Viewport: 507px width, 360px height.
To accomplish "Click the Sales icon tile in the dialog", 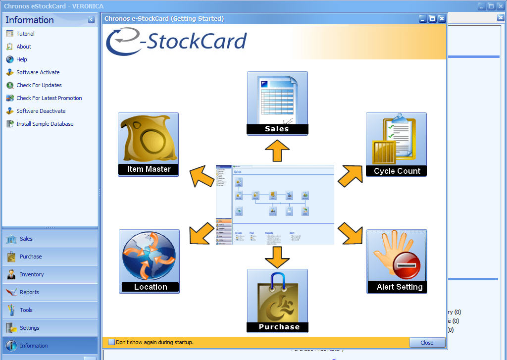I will pyautogui.click(x=277, y=103).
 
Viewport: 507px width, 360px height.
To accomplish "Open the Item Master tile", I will pyautogui.click(x=148, y=144).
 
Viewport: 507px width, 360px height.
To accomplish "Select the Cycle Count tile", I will pyautogui.click(x=396, y=144).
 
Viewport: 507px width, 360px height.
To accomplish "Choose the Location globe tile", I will pyautogui.click(x=149, y=261).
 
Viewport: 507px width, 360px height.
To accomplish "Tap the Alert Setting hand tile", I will pyautogui.click(x=397, y=261).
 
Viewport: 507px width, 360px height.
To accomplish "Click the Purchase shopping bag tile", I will pyautogui.click(x=277, y=301).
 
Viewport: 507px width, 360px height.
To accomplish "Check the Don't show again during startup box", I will pyautogui.click(x=111, y=342).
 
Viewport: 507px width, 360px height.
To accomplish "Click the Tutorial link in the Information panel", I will pyautogui.click(x=25, y=34).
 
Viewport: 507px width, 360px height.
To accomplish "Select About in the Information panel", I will pyautogui.click(x=24, y=47).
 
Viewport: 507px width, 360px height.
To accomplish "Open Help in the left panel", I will pyautogui.click(x=22, y=59).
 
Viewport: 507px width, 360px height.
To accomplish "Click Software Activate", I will pyautogui.click(x=38, y=72).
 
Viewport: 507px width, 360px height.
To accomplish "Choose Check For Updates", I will pyautogui.click(x=39, y=85).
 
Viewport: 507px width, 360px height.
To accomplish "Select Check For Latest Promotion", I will pyautogui.click(x=49, y=98).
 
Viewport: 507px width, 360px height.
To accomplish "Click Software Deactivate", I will pyautogui.click(x=41, y=111).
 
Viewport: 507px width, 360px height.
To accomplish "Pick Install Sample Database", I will pyautogui.click(x=45, y=124).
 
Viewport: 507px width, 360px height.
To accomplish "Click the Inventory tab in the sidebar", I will pyautogui.click(x=32, y=274).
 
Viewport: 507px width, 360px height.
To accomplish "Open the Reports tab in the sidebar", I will pyautogui.click(x=29, y=292).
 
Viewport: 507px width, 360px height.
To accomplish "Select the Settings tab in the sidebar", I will pyautogui.click(x=29, y=328).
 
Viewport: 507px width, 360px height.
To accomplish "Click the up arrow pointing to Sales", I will pyautogui.click(x=277, y=151).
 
